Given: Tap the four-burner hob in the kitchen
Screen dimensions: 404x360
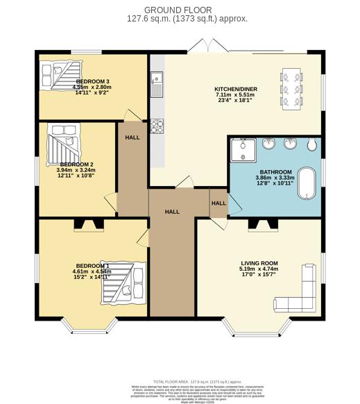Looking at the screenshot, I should click(x=157, y=126).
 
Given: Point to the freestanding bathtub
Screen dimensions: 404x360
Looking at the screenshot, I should click(x=306, y=186).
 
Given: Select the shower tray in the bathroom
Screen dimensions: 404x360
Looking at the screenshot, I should click(x=243, y=149).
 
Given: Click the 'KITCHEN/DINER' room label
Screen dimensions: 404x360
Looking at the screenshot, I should click(x=237, y=90).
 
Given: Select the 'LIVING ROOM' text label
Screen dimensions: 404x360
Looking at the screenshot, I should click(x=259, y=263).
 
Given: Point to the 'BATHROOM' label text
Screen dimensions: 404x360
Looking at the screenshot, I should click(x=275, y=171).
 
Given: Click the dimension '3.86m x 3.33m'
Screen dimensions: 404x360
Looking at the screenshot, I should click(x=275, y=178).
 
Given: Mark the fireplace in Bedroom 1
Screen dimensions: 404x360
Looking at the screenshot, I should click(x=89, y=224).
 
